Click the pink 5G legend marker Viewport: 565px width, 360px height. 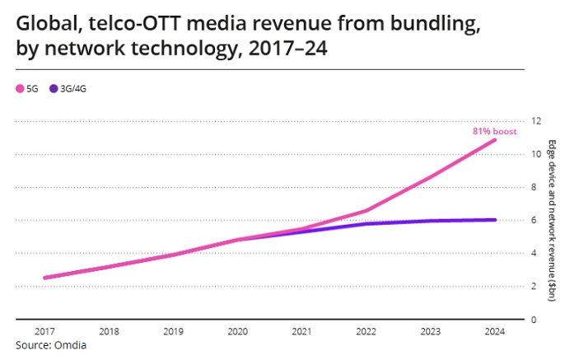(21, 87)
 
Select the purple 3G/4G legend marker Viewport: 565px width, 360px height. (54, 87)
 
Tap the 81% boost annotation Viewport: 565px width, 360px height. (494, 131)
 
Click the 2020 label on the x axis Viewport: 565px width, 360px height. (237, 332)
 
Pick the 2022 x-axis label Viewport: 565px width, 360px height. (367, 332)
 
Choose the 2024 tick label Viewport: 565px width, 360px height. (495, 332)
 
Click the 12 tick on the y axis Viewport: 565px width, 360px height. (537, 121)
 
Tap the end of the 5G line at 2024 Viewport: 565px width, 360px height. (495, 140)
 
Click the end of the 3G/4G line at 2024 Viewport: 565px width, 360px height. (495, 220)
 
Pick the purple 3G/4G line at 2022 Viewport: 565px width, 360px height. (367, 224)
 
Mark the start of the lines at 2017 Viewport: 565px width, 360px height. (44, 278)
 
